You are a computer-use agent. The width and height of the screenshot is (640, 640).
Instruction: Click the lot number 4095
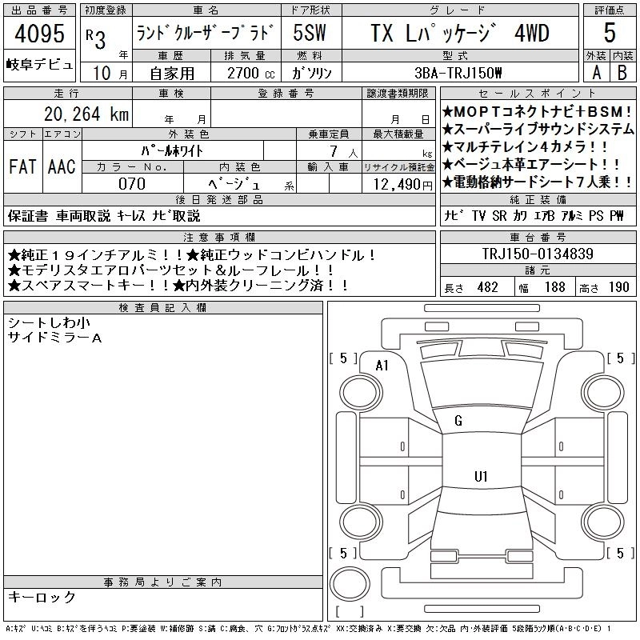pos(39,33)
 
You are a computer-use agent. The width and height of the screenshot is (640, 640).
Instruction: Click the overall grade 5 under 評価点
pos(610,33)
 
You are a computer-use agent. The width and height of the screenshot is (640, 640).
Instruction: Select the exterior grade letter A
pos(596,73)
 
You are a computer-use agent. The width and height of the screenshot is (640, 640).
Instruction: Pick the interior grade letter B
pos(622,73)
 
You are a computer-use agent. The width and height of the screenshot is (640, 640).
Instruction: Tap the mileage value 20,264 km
pos(86,114)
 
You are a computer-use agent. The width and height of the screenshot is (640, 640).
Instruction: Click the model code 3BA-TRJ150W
pos(458,73)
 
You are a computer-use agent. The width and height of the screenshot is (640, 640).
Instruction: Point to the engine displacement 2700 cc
pos(250,73)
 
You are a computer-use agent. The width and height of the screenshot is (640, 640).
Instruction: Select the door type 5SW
pos(310,33)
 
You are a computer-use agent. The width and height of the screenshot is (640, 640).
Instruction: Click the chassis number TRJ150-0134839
pos(538,254)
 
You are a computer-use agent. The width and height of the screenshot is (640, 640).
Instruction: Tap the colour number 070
pos(132,184)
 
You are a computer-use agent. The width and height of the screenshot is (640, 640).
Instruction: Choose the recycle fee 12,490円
pos(403,185)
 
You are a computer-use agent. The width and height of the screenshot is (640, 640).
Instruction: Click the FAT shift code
pos(22,166)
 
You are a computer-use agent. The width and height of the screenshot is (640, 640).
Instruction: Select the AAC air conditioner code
pos(62,166)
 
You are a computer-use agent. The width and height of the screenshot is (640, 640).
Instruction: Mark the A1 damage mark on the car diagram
pos(382,366)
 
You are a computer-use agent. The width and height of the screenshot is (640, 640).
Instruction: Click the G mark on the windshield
pos(458,421)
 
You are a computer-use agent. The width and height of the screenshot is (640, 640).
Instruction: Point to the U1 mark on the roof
pos(481,476)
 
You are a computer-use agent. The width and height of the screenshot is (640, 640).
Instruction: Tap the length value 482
pos(488,287)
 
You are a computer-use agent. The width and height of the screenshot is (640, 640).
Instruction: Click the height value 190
pos(618,287)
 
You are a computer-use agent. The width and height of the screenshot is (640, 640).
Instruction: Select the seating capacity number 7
pos(334,151)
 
